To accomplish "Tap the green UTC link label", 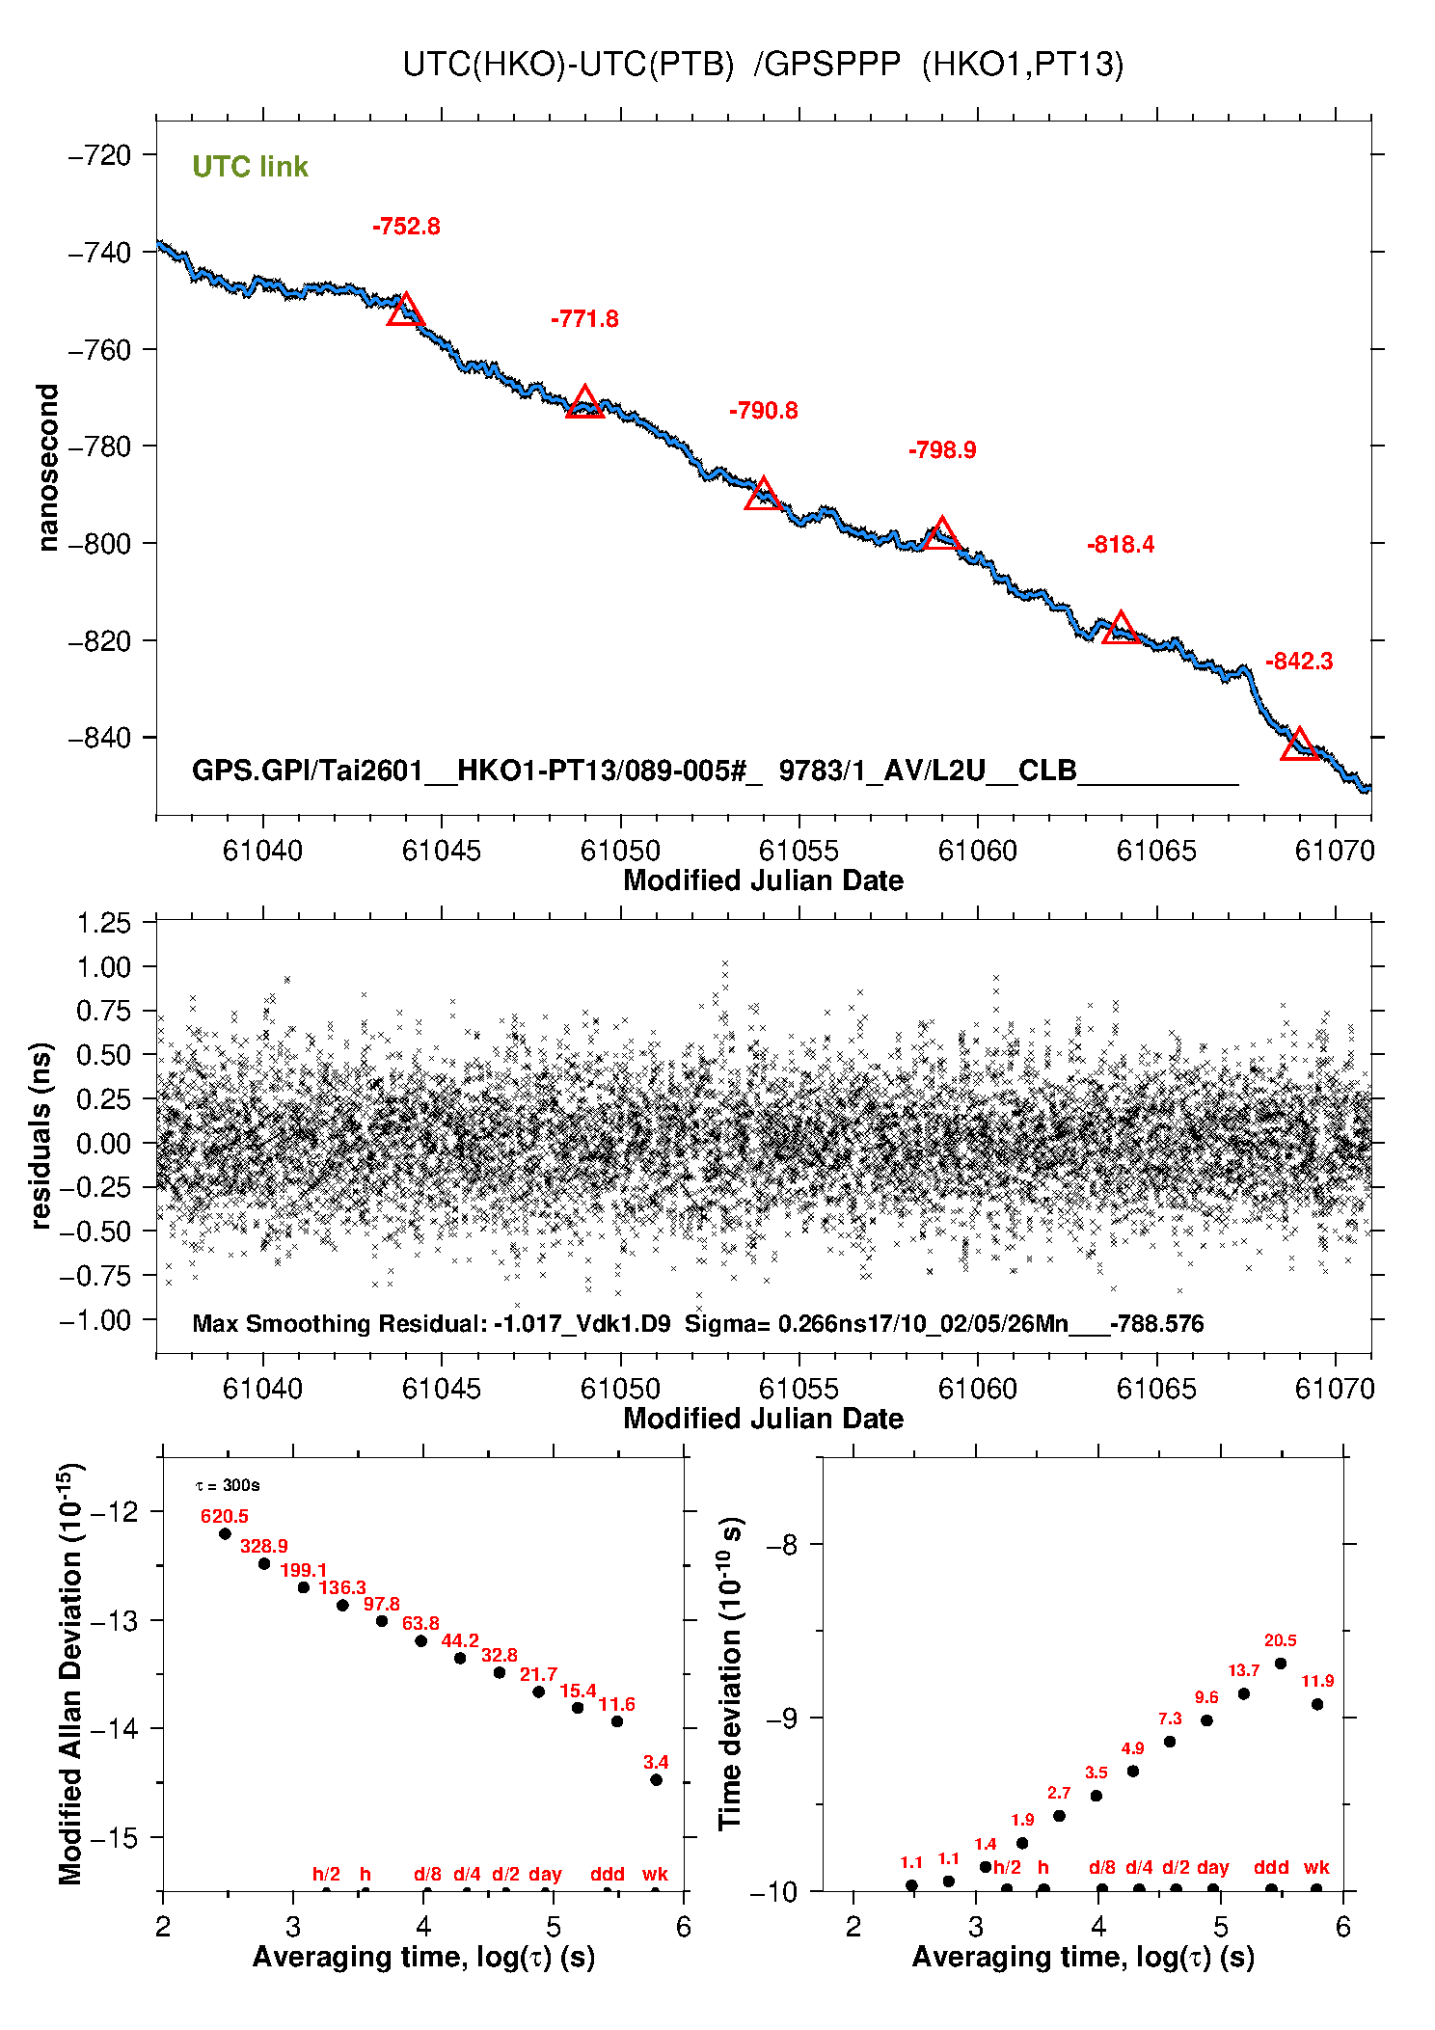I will tap(250, 167).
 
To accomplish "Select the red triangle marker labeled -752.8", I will tap(405, 311).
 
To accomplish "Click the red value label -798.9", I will tap(941, 450).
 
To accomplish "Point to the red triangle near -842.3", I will tap(1299, 745).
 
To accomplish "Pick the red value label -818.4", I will tap(1120, 545).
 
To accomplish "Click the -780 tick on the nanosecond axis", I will tap(99, 447).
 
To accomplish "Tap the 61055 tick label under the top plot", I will tap(799, 851).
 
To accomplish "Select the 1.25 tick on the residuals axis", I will tap(103, 923).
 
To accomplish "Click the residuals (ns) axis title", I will tap(41, 1135).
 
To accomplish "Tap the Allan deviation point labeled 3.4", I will tap(656, 1780).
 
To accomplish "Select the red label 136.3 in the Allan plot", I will tap(342, 1587).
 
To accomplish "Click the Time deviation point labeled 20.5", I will tap(1280, 1664).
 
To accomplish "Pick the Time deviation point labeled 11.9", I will tap(1316, 1704).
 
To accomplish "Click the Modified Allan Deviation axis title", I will tap(69, 1674).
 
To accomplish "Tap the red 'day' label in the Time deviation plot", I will tap(1212, 1868).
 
